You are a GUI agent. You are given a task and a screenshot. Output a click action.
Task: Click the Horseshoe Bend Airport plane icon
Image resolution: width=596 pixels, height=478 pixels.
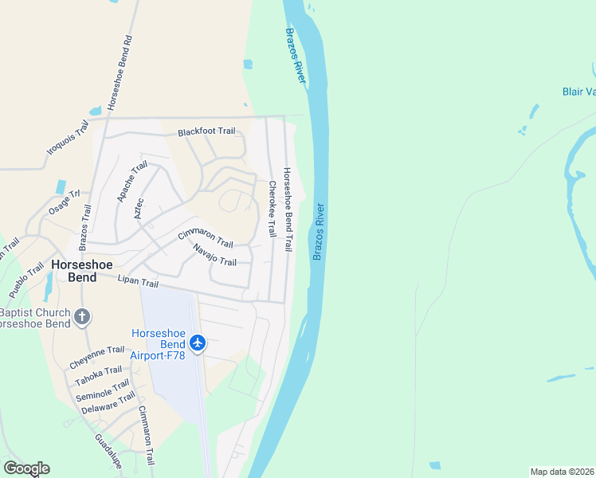[x=198, y=343]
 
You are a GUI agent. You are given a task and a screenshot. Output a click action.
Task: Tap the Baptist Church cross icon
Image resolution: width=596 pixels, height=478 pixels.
[x=81, y=318]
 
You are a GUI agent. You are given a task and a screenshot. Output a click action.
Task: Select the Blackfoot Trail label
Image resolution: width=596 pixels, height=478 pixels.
[x=206, y=131]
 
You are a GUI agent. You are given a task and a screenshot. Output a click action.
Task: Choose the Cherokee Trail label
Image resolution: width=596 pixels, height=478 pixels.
[x=272, y=209]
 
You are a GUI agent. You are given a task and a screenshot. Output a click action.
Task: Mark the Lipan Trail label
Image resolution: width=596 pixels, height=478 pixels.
[x=138, y=282]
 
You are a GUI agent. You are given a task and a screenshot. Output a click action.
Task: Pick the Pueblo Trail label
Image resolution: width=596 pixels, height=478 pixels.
[x=27, y=280]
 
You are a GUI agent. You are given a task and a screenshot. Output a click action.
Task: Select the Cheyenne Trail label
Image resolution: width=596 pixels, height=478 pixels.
[x=97, y=355]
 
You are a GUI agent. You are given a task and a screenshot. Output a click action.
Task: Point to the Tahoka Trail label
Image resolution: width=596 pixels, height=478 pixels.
[x=99, y=375]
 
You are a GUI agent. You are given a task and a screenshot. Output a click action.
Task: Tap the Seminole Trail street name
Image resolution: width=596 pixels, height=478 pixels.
[x=102, y=390]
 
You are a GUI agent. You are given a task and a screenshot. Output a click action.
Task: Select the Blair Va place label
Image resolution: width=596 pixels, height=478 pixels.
[x=578, y=92]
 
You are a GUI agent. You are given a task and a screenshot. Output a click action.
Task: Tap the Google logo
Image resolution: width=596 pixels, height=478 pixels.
[x=26, y=468]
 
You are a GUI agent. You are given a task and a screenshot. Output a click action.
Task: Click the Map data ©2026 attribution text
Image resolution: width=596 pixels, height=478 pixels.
[x=562, y=472]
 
